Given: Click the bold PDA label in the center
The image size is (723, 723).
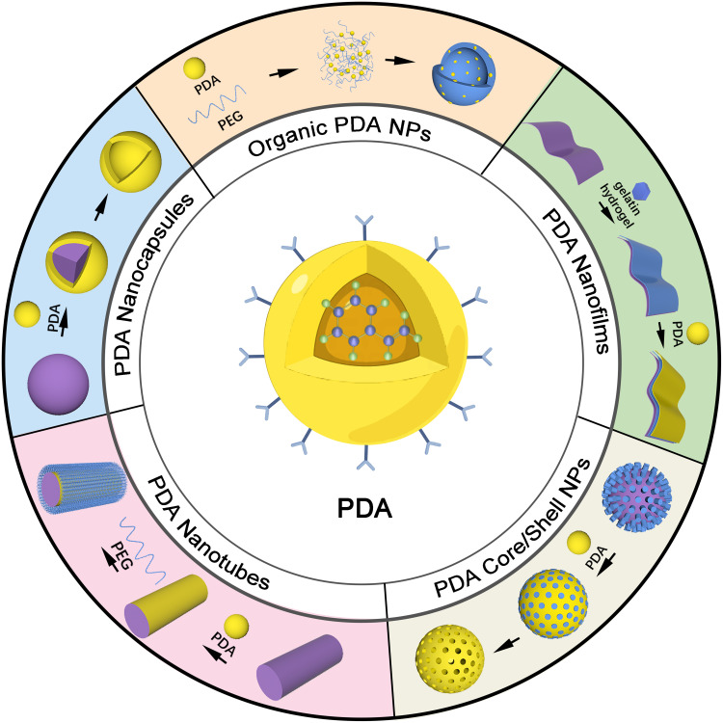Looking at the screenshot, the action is pyautogui.click(x=364, y=508).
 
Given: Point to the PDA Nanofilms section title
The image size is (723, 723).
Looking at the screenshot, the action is pyautogui.click(x=576, y=281).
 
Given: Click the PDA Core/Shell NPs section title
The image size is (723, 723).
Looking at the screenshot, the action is pyautogui.click(x=512, y=528).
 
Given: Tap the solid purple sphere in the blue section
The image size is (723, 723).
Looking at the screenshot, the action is pyautogui.click(x=58, y=384).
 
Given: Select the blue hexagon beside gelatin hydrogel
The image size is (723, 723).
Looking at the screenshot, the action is pyautogui.click(x=641, y=191).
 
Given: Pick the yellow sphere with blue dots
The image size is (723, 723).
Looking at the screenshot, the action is pyautogui.click(x=553, y=603).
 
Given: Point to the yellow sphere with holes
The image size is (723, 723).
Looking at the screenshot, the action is pyautogui.click(x=449, y=658).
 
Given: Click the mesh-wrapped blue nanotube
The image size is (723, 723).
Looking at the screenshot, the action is pyautogui.click(x=82, y=488).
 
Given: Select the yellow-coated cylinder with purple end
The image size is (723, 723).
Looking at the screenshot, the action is pyautogui.click(x=167, y=605).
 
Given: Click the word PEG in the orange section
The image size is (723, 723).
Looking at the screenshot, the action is pyautogui.click(x=230, y=120).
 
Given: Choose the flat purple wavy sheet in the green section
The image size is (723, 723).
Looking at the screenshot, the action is pyautogui.click(x=564, y=150).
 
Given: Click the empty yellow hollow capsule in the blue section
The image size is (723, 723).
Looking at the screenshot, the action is pyautogui.click(x=130, y=162).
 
